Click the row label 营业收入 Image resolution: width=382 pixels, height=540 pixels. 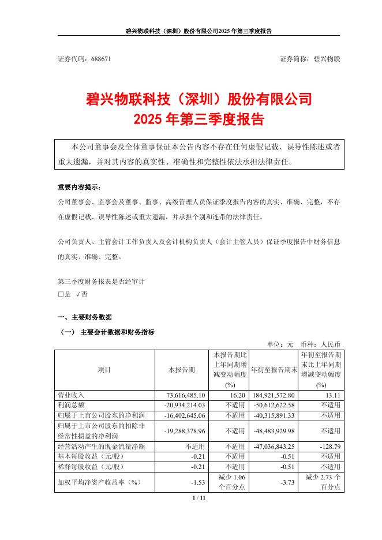point(72,395)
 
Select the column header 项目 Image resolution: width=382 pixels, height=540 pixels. point(104,369)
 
